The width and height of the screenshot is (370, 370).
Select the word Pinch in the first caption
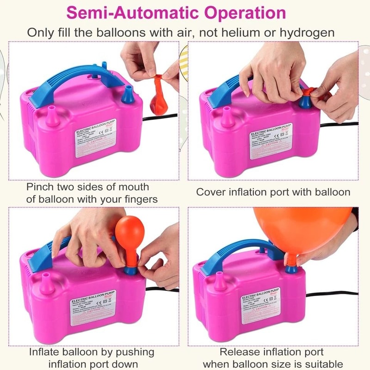coord(42,187)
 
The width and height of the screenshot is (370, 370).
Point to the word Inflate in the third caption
coord(46,352)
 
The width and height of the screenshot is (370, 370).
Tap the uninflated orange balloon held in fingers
coord(159,95)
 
